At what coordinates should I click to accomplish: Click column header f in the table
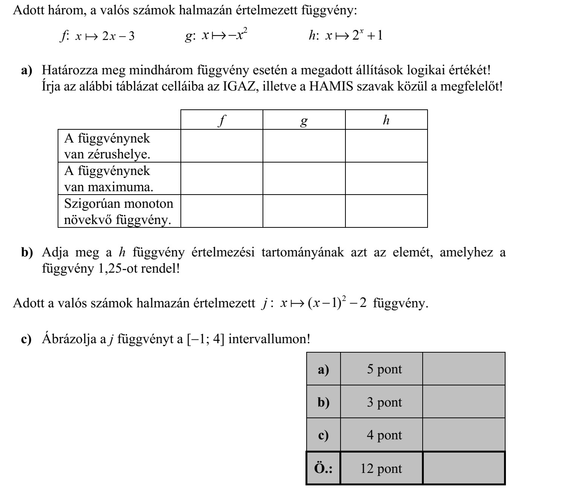coord(222,120)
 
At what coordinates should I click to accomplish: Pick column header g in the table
coord(304,120)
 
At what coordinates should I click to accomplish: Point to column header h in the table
coord(386,120)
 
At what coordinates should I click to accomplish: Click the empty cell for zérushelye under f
coord(222,146)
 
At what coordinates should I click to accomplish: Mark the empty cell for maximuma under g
coord(304,178)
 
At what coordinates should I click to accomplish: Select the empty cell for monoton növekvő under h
coord(386,211)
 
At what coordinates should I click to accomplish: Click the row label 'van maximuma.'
coord(108,187)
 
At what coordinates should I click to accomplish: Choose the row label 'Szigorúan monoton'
coord(119,204)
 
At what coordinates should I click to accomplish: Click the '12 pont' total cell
coord(381,468)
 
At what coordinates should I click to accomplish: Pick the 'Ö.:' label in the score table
coord(323,468)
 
